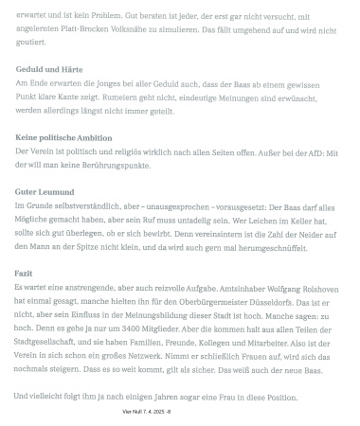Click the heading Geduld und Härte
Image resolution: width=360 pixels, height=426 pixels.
(48, 71)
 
